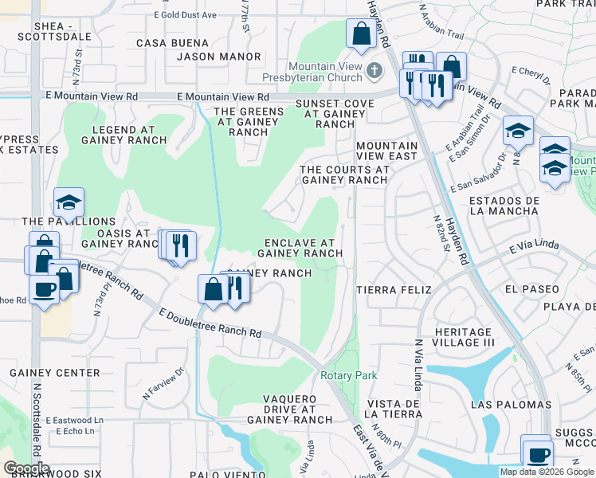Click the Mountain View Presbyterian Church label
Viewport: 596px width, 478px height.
327,72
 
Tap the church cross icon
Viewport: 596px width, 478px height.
374,72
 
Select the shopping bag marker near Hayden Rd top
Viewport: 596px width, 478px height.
361,34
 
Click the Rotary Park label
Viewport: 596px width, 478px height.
347,375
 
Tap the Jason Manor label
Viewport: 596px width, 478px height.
218,57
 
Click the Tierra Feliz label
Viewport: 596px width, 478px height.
394,289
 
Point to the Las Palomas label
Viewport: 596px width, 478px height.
511,405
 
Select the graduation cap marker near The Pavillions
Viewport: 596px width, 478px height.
69,202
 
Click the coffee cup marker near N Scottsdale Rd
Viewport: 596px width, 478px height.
44,288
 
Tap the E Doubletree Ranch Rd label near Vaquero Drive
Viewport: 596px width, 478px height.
210,324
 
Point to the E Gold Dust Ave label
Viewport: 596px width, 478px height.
186,15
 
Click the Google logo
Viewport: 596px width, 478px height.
26,468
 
